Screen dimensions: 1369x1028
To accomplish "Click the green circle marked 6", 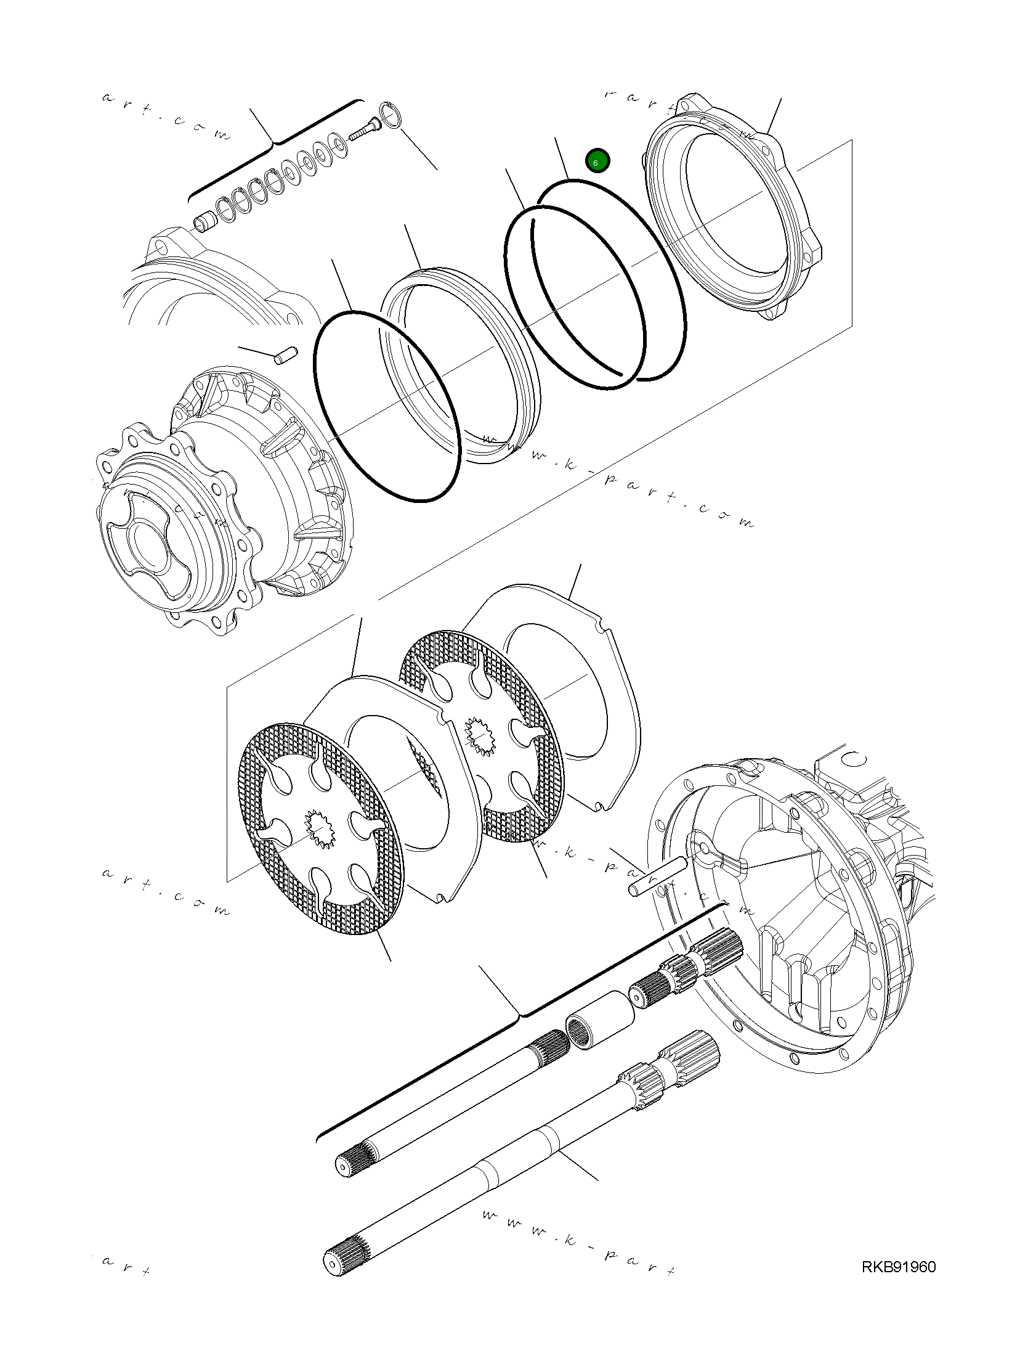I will pos(597,161).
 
